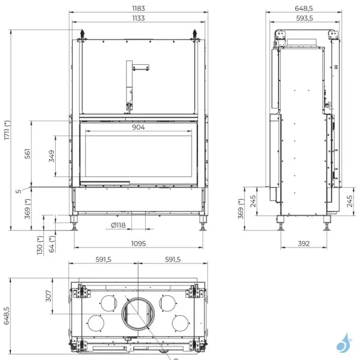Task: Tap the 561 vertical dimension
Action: (28, 154)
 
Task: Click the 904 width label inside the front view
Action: (139, 127)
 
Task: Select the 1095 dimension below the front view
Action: (139, 244)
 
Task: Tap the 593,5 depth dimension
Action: (305, 19)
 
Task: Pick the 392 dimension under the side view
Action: (304, 244)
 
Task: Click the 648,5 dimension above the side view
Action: (305, 9)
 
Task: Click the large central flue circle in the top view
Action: (139, 314)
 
